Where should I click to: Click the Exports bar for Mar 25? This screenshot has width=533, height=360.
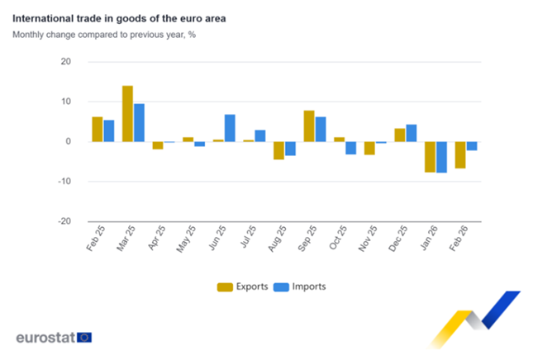click(127, 113)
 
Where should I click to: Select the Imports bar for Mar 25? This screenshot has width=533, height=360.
click(139, 122)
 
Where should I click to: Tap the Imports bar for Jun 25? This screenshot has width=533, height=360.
click(230, 128)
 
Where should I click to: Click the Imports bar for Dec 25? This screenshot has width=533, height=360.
click(412, 133)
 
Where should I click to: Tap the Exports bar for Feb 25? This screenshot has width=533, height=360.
click(97, 129)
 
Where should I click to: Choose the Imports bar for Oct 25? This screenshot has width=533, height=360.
click(350, 148)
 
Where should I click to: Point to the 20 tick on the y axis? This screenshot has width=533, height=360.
click(66, 62)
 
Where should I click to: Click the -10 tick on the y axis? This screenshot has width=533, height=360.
click(64, 182)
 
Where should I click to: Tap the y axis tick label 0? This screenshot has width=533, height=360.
click(69, 142)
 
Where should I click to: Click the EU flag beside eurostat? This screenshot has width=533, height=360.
click(84, 337)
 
